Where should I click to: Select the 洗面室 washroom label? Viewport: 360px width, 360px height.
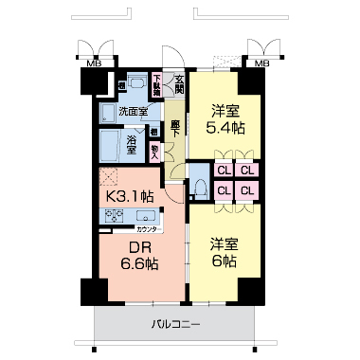pos(133,110)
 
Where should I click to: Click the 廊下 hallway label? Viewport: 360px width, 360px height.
pos(174,126)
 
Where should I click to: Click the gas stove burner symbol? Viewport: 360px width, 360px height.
pos(116,216)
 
